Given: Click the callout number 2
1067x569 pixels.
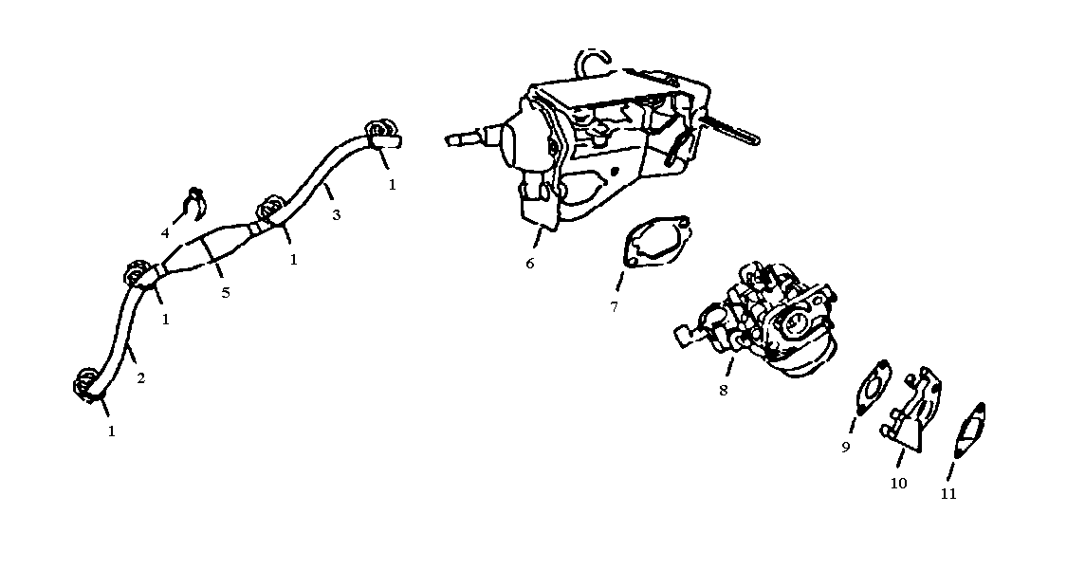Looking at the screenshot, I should pyautogui.click(x=140, y=378).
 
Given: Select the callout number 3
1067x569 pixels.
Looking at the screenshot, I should pyautogui.click(x=336, y=215).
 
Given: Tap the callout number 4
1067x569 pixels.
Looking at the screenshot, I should pyautogui.click(x=165, y=232).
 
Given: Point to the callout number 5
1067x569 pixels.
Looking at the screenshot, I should pyautogui.click(x=226, y=292).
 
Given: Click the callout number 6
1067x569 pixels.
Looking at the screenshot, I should pyautogui.click(x=529, y=263).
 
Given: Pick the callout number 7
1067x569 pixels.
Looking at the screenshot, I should pyautogui.click(x=615, y=306).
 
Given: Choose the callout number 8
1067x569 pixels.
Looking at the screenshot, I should pyautogui.click(x=724, y=390).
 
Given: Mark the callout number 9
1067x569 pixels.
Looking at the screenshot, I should pyautogui.click(x=846, y=447).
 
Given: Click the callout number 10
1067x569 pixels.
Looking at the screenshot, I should pyautogui.click(x=898, y=483).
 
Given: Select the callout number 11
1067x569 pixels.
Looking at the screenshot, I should pyautogui.click(x=948, y=493).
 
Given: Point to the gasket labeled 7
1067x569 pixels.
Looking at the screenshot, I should pyautogui.click(x=654, y=241).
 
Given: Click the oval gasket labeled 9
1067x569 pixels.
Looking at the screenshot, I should pyautogui.click(x=873, y=390).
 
